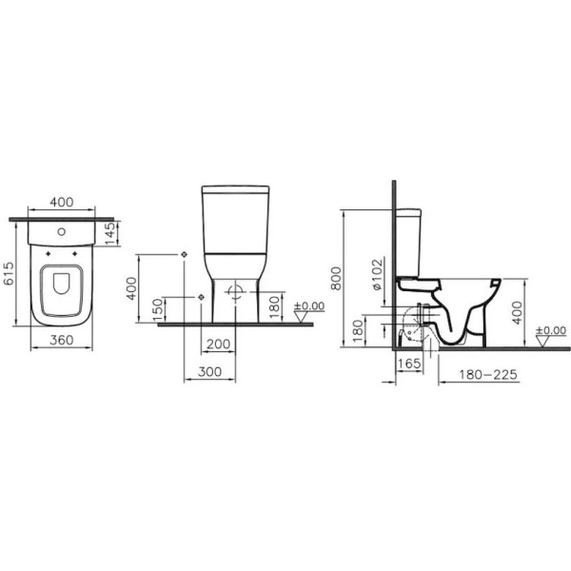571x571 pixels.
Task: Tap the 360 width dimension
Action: click(x=62, y=340)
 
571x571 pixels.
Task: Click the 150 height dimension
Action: click(x=156, y=310)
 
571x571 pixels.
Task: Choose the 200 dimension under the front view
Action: click(x=219, y=344)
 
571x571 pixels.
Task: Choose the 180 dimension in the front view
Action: click(x=275, y=306)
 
